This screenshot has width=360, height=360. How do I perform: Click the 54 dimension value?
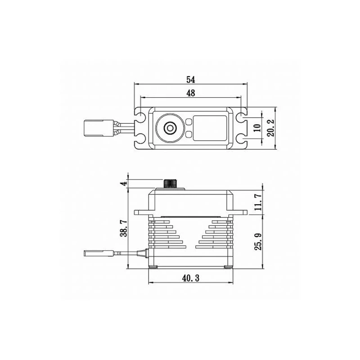[x=190, y=80]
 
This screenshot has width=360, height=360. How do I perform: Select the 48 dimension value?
[x=191, y=93]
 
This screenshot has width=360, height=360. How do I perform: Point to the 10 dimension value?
[x=258, y=128]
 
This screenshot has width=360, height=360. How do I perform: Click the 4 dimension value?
[x=124, y=184]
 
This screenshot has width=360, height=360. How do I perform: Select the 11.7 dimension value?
[x=258, y=202]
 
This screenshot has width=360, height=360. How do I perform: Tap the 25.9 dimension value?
[x=258, y=242]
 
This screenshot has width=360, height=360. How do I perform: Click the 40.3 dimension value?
[x=191, y=278]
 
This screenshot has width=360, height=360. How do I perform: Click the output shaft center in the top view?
[x=170, y=128]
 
